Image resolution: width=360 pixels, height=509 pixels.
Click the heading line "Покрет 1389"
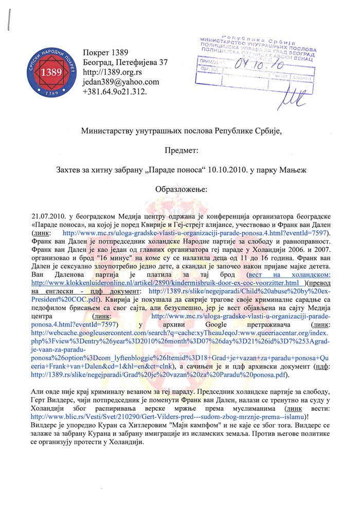pos(105,53)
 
